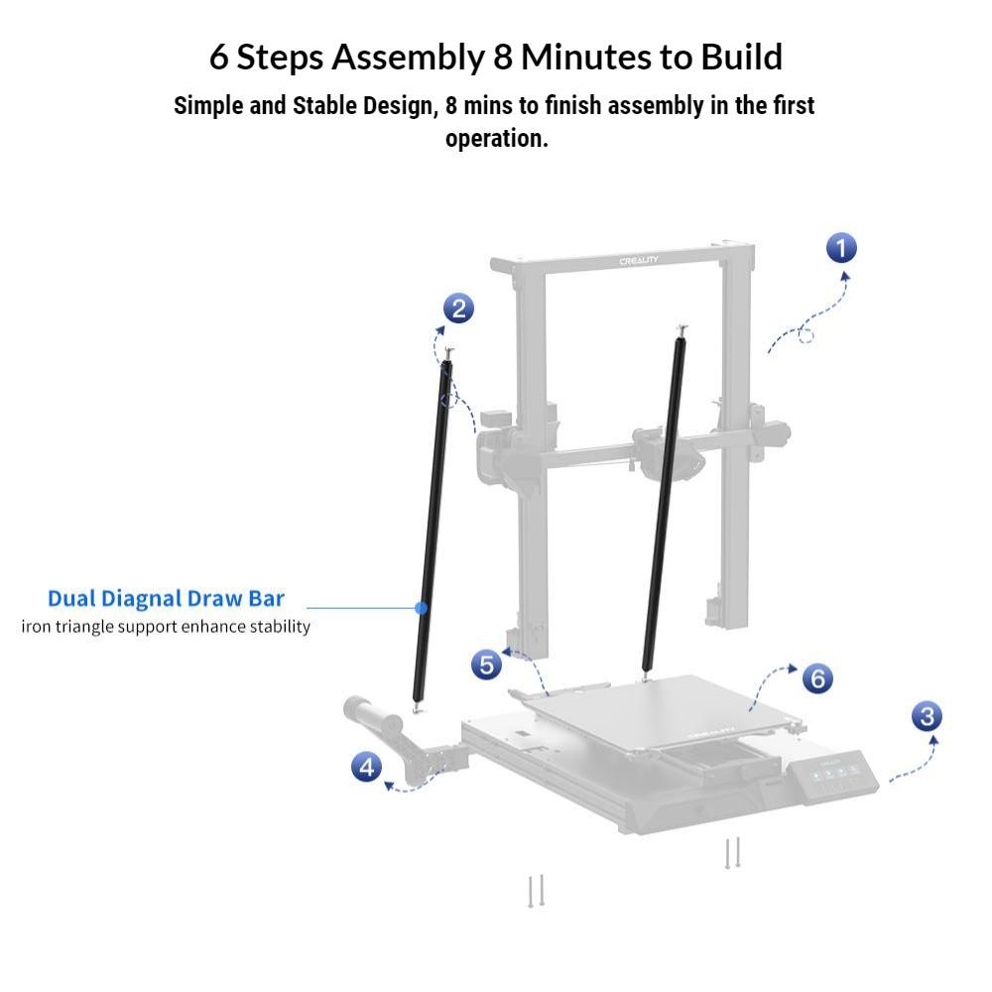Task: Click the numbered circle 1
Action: [x=841, y=248]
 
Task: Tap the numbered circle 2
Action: [x=458, y=309]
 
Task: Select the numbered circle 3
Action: [x=927, y=716]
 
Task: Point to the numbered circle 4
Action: [x=366, y=768]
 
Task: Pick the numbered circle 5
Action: [x=486, y=665]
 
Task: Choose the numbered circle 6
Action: [x=817, y=679]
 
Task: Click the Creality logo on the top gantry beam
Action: [x=638, y=261]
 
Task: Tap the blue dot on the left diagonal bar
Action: [x=421, y=608]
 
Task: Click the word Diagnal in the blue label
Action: [x=141, y=599]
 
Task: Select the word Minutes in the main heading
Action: [x=586, y=57]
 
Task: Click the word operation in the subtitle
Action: [x=497, y=139]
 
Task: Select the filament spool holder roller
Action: [x=373, y=715]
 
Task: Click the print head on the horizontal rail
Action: [x=668, y=452]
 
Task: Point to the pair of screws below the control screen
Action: [x=733, y=853]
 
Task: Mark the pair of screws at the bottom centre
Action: [x=536, y=891]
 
